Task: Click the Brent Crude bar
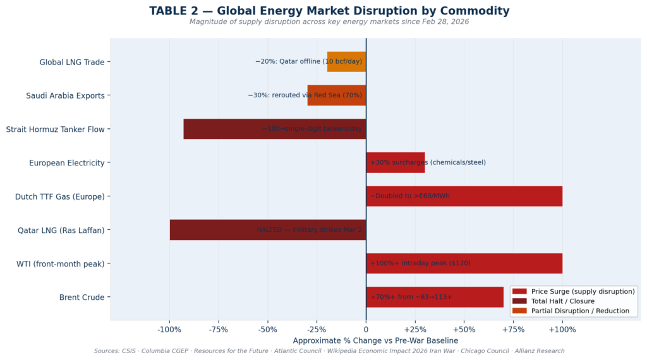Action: [x=435, y=297]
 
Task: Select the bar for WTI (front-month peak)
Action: [x=464, y=263]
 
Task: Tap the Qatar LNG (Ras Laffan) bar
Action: [x=267, y=230]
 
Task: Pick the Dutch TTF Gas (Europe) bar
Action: [x=464, y=196]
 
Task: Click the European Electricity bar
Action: [x=395, y=162]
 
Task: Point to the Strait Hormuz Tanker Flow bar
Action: [x=274, y=129]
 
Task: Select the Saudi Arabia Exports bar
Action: [x=336, y=95]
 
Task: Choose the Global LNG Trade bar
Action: [x=346, y=62]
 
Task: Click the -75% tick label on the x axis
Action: [x=218, y=330]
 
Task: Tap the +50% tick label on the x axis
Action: [x=464, y=330]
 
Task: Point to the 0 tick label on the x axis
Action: [x=366, y=330]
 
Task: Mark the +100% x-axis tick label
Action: [x=562, y=330]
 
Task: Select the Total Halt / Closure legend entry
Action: [x=562, y=301]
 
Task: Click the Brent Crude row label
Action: [x=82, y=297]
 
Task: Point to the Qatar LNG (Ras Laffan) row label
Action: [x=61, y=230]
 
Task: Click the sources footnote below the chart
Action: [x=329, y=351]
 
